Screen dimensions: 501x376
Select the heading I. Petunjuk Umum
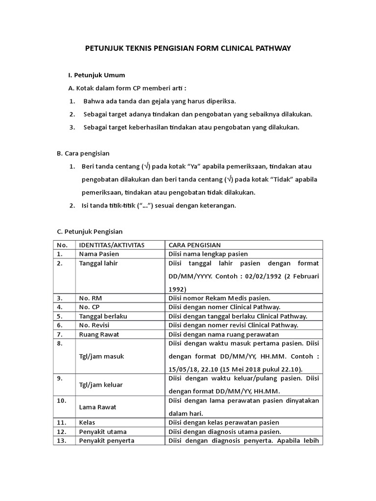click(x=96, y=75)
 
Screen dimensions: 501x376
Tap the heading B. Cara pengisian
click(x=83, y=153)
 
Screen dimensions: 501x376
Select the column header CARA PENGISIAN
click(x=194, y=245)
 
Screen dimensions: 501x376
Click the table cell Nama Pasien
click(x=99, y=254)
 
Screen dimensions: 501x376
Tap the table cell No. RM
click(x=91, y=298)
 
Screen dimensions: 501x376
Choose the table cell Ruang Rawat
click(x=99, y=335)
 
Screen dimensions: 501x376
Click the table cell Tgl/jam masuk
click(x=101, y=357)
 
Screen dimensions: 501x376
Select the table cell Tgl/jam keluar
click(x=101, y=385)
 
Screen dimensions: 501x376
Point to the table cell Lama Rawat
click(x=96, y=408)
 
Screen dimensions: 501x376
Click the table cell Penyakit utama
click(x=103, y=432)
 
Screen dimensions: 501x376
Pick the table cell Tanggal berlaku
click(x=103, y=316)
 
